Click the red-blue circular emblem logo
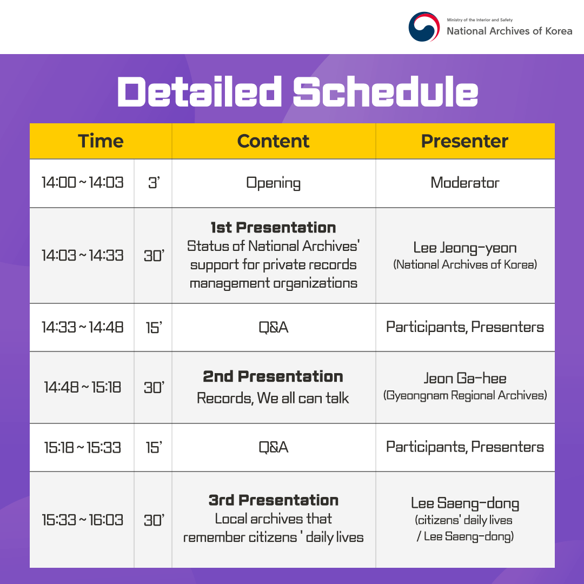(x=424, y=26)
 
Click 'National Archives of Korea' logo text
(x=509, y=31)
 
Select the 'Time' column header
(x=101, y=141)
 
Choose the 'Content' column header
(x=273, y=141)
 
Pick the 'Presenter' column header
(x=464, y=141)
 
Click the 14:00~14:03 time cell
(x=82, y=183)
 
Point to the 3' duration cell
(x=154, y=183)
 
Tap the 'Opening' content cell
(x=273, y=183)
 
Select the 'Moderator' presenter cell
(x=464, y=183)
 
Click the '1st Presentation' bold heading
(x=273, y=228)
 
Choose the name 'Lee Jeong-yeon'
(x=464, y=248)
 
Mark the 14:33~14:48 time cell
(x=82, y=327)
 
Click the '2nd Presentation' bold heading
(x=273, y=376)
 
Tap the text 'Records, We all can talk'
(x=273, y=399)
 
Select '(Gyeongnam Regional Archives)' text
(x=464, y=395)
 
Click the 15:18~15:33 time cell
(x=82, y=447)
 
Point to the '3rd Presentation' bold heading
(x=273, y=500)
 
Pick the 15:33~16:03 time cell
(x=82, y=520)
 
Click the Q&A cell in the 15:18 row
(x=273, y=447)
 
